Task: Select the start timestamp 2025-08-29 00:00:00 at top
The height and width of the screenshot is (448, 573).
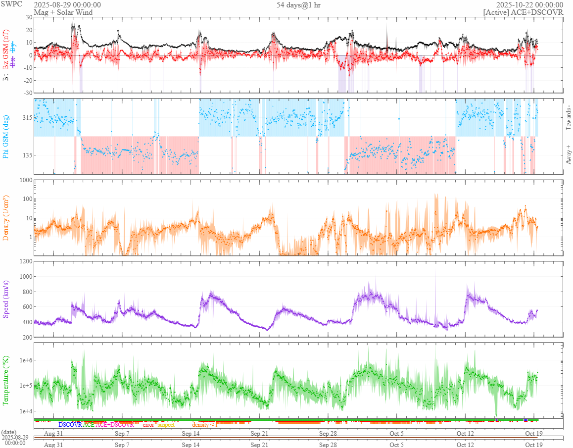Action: click(x=67, y=4)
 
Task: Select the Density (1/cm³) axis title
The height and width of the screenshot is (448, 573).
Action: click(x=6, y=218)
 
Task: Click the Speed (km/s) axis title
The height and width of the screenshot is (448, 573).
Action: click(x=6, y=299)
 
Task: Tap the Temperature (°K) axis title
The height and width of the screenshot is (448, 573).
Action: click(x=6, y=380)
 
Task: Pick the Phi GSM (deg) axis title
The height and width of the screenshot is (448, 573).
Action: click(x=6, y=136)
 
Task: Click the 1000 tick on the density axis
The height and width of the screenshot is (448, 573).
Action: click(x=25, y=180)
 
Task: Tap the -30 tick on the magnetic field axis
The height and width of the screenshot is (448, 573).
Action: click(x=27, y=93)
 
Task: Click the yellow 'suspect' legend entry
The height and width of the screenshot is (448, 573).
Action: click(x=166, y=425)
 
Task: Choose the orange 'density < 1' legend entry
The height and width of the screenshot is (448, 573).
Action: click(x=205, y=425)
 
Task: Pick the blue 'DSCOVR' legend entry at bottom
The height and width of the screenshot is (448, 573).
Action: click(x=70, y=425)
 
